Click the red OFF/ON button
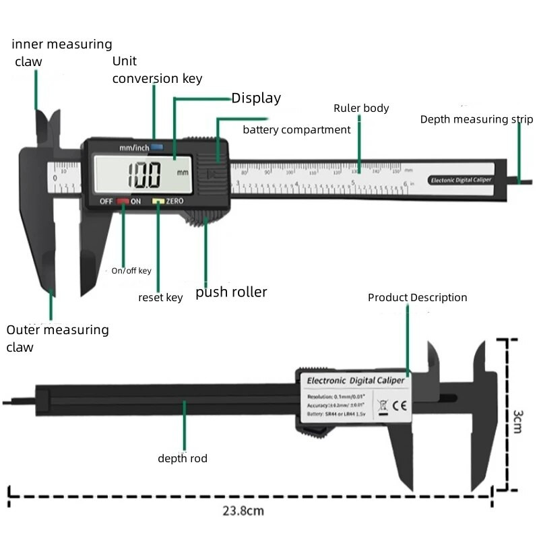(123, 201)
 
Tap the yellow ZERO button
(158, 201)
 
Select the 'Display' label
(256, 98)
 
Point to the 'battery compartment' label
(296, 129)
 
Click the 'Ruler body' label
(361, 108)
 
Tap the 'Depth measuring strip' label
(476, 120)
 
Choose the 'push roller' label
(231, 292)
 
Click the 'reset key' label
(160, 297)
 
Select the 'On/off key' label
(131, 271)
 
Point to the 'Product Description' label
(417, 298)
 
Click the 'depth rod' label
(183, 459)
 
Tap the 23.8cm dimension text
(243, 511)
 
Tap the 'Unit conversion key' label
(157, 70)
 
